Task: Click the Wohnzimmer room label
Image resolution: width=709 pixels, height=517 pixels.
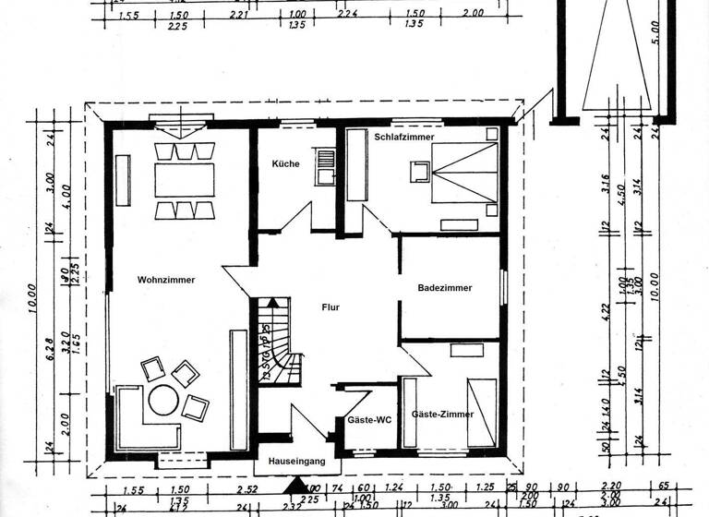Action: click(166, 280)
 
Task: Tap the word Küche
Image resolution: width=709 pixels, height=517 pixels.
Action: click(285, 163)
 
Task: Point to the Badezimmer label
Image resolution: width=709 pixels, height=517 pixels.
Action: click(445, 288)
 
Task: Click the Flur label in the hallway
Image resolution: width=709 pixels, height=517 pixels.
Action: click(331, 307)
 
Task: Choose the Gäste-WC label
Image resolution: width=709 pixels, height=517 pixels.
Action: click(369, 420)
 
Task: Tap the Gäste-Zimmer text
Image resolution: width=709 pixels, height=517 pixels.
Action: click(442, 415)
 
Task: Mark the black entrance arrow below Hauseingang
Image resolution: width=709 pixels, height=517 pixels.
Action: click(294, 484)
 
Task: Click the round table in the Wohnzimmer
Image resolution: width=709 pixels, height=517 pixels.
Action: click(164, 400)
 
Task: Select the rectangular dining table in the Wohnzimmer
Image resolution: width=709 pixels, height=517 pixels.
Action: click(184, 179)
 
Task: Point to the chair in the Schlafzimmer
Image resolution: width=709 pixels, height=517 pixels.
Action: click(420, 172)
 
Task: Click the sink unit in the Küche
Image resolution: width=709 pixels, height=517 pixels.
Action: click(324, 166)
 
